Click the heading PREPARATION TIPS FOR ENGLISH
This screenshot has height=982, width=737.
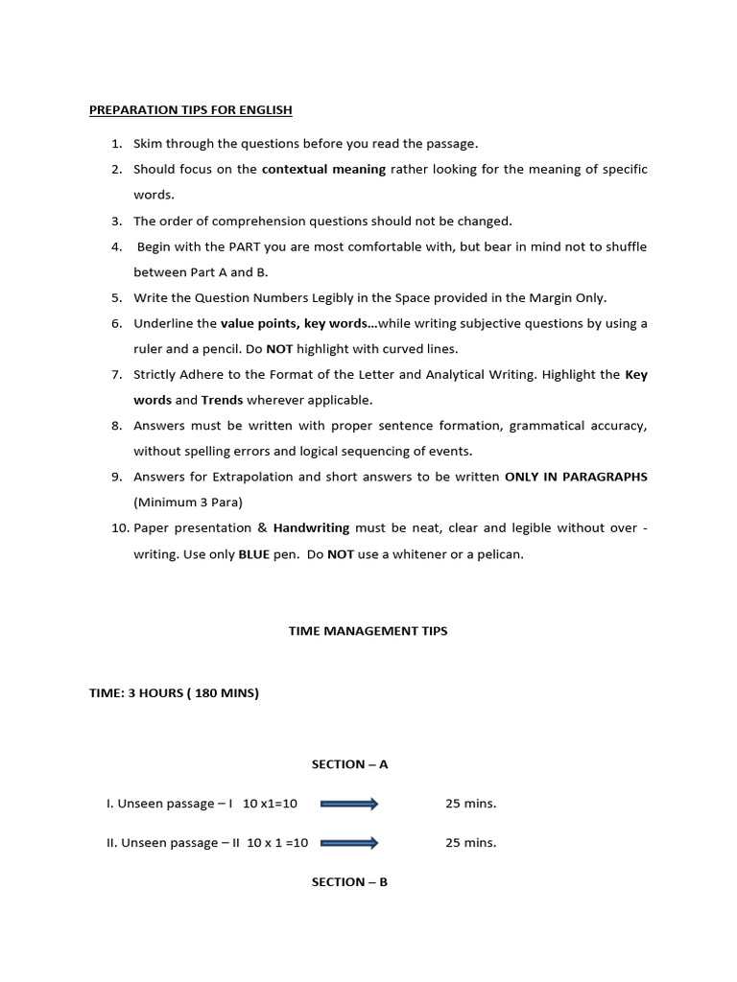click(190, 110)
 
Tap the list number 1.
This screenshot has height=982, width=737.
click(116, 144)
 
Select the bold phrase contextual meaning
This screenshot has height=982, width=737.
click(323, 170)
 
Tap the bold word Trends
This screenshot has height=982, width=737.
click(222, 400)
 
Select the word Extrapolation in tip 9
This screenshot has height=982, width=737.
click(251, 477)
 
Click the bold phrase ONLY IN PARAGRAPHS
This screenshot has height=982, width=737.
click(576, 477)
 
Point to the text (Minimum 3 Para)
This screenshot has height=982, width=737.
click(188, 503)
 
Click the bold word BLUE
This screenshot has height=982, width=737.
click(254, 554)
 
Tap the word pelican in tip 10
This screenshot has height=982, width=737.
click(499, 554)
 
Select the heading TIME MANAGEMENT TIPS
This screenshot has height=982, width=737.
click(368, 631)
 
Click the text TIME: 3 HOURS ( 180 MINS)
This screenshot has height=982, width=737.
click(174, 693)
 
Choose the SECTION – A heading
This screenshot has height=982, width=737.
click(349, 764)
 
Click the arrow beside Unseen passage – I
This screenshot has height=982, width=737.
click(349, 804)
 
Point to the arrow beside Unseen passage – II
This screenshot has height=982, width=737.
click(349, 843)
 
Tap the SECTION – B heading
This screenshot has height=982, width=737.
click(349, 882)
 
